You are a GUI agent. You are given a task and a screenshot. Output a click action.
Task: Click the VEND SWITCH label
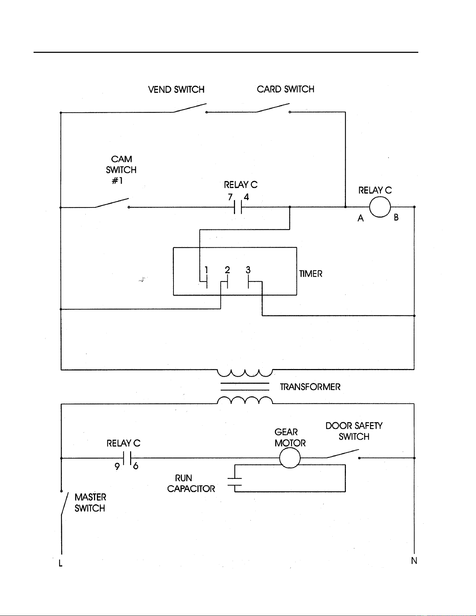coord(176,90)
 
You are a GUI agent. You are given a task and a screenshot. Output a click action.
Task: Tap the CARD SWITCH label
coord(285,89)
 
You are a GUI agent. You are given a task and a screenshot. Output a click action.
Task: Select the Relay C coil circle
coord(380,207)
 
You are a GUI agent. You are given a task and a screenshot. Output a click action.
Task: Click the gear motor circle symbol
coord(290,458)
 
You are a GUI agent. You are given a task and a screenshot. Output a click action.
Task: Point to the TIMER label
coord(311,274)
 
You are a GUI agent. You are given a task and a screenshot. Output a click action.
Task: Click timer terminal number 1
coord(206,270)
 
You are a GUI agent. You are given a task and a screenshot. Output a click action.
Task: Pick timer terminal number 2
coord(227,270)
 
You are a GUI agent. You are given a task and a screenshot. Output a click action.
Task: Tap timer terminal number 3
coord(248,270)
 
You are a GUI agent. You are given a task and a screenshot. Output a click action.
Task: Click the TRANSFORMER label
coord(310,387)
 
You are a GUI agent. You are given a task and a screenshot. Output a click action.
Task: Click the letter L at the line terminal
coord(61,563)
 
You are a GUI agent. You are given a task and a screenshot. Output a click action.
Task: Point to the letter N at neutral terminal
coord(414,561)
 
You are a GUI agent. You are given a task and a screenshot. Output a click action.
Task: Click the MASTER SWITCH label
coord(90,503)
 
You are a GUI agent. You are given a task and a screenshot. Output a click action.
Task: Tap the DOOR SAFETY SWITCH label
coord(354,431)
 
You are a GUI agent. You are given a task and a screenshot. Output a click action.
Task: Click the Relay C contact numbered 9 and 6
coord(127,458)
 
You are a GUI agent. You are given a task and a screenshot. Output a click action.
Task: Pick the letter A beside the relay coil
coord(361,218)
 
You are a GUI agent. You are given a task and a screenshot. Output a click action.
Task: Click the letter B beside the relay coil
coord(396,218)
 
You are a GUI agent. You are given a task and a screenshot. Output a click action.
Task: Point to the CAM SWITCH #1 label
coord(121,170)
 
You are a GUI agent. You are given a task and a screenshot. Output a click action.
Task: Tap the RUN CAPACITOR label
coord(191,483)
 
